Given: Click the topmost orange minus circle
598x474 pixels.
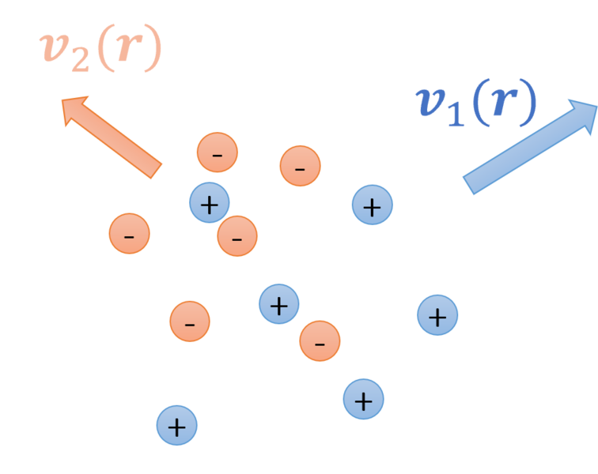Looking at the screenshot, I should coord(218,152).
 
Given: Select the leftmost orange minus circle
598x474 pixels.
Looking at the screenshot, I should coord(130,234).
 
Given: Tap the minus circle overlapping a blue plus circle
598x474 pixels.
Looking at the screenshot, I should coord(237,236).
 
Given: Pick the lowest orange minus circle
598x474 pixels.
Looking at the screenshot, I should coord(320,341).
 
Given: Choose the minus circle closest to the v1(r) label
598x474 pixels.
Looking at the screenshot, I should coord(301,166).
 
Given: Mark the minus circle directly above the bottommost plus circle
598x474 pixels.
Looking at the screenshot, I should coord(190,322).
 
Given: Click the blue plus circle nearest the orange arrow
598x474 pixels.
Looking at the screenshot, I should coord(210,203).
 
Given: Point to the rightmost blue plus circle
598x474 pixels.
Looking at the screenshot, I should coord(437,315).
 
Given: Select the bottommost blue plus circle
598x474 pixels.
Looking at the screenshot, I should coord(177,426).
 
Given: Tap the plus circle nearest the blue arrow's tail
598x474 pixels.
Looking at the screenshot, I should coord(373,205).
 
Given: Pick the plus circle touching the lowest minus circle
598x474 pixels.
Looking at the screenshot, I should coord(279,304).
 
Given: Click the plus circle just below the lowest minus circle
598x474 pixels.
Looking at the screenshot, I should coord(363,399).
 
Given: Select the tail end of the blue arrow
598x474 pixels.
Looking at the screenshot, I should coord(468,186).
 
